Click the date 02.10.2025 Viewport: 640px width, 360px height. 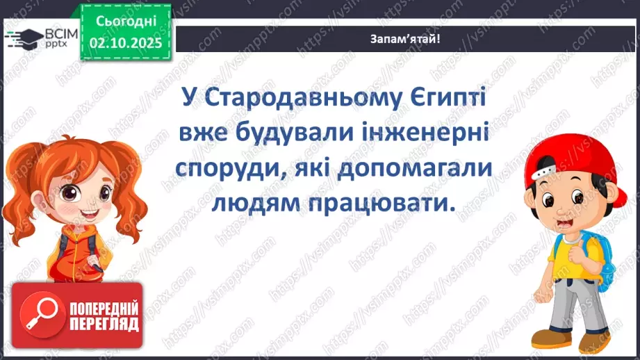point(125,43)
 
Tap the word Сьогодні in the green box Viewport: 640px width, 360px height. point(125,21)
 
